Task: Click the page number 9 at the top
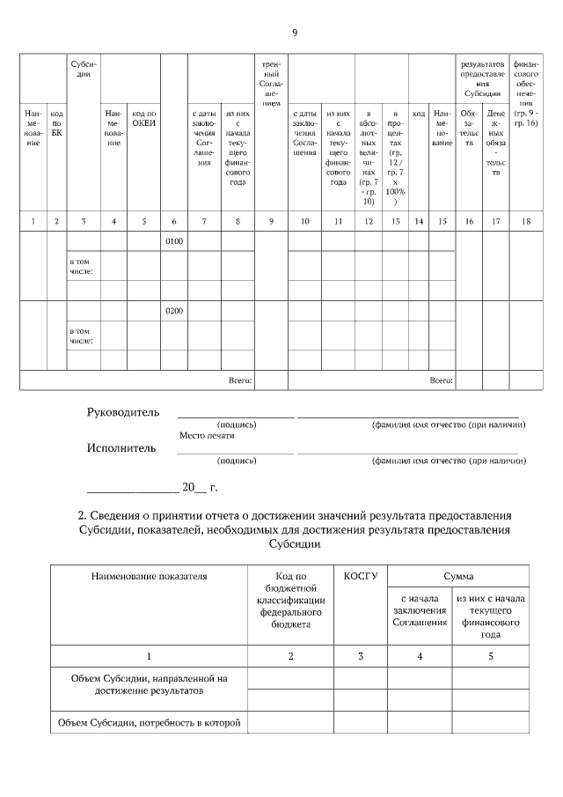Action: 295,33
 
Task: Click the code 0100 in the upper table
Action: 174,241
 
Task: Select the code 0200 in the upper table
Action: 174,311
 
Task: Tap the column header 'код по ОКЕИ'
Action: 144,118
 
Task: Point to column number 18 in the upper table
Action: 525,221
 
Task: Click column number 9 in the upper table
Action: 271,221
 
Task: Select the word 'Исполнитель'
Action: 121,447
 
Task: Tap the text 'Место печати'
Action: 207,435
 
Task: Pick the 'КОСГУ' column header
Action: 361,576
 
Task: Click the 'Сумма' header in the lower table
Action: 458,576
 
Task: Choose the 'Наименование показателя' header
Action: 149,576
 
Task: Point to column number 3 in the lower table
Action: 361,656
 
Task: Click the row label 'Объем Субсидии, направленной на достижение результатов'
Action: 149,684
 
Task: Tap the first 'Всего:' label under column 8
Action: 240,380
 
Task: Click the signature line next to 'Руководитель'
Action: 236,415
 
